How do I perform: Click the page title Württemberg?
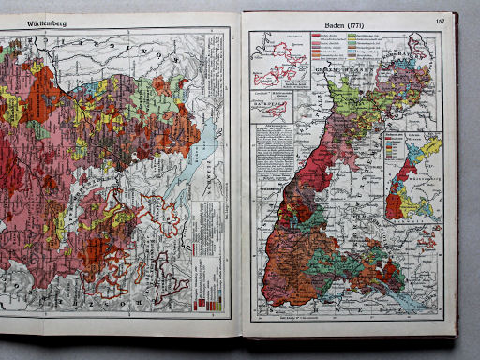26,19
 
